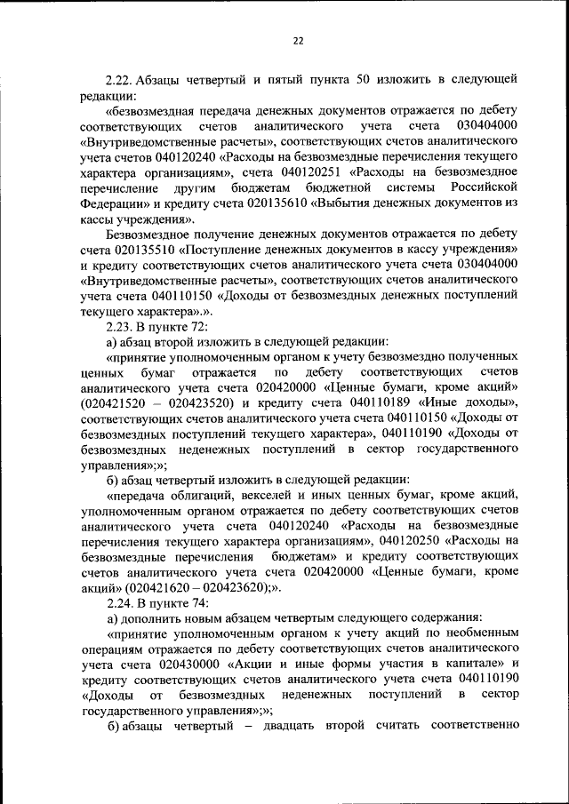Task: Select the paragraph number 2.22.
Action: pos(122,79)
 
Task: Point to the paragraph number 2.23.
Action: pos(122,326)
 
